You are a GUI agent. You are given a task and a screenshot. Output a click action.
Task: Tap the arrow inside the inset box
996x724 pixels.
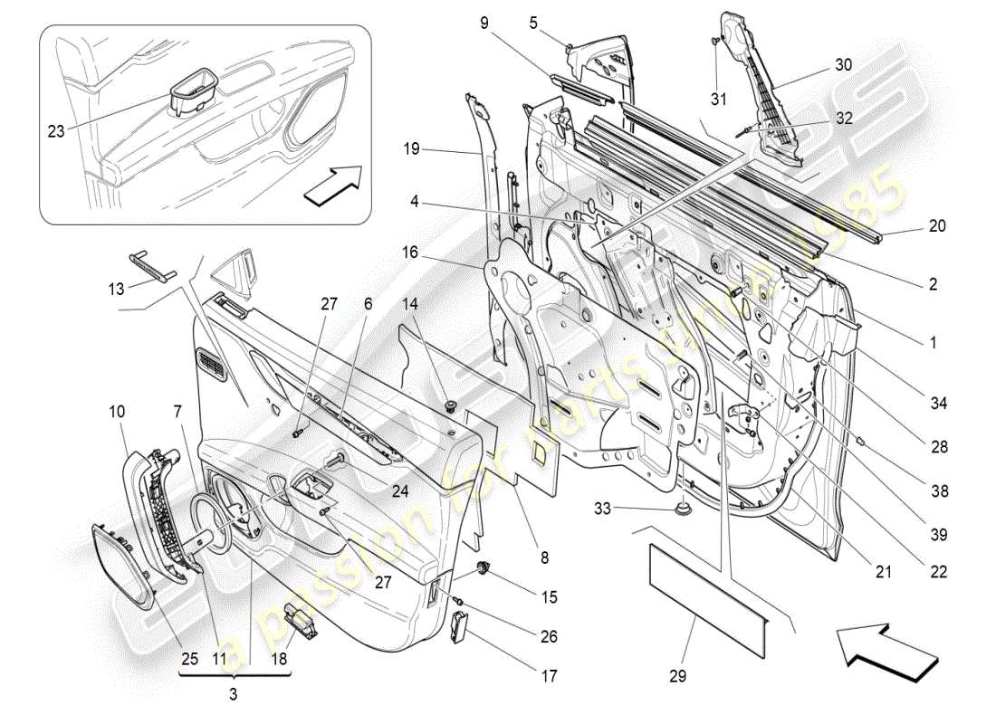tap(332, 186)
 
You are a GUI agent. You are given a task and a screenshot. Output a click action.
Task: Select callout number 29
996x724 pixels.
tap(678, 675)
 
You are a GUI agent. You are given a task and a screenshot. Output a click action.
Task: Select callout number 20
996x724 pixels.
tap(937, 226)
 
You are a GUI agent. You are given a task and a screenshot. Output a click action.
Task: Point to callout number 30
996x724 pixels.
tap(843, 65)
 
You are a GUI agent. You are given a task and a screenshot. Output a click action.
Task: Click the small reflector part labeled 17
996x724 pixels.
tap(460, 625)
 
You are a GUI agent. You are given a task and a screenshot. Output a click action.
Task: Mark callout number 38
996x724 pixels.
tap(939, 491)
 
